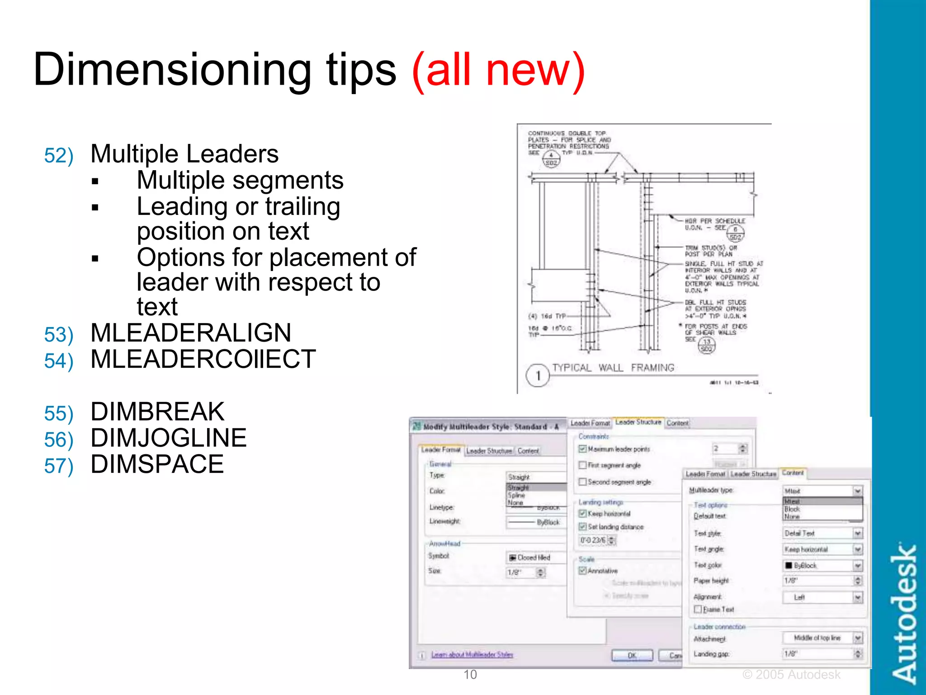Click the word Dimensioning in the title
pos(172,70)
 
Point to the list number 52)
pos(59,156)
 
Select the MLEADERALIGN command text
pos(191,333)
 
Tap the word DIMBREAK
pos(157,412)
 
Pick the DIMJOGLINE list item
pos(169,438)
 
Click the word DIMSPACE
pos(157,464)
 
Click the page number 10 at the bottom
pos(470,675)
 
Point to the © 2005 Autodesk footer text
pos(791,675)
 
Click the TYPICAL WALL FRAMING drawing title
pos(613,368)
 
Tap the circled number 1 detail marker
pos(538,376)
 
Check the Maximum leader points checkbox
pos(583,449)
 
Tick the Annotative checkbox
pos(583,571)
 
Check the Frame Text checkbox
pos(698,609)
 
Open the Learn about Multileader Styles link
pos(472,655)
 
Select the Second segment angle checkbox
pos(583,482)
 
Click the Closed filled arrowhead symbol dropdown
pos(536,557)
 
